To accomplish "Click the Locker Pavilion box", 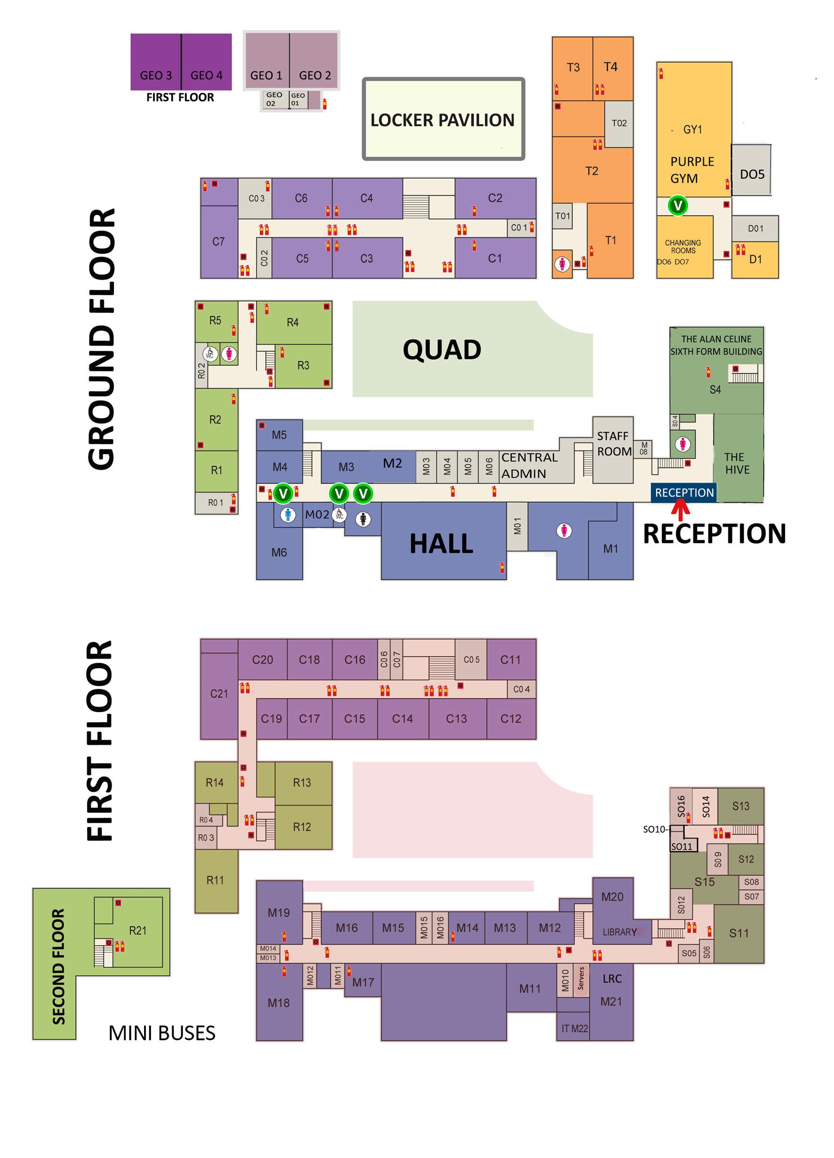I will (442, 119).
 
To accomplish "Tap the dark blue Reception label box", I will (683, 493).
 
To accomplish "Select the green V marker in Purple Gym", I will (677, 206).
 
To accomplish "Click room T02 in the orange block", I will (618, 123).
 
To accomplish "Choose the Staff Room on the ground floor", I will (613, 444).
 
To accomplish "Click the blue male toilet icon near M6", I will (288, 514).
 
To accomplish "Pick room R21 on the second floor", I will (137, 930).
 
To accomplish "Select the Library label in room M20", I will (619, 932).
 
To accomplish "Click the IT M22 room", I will (574, 1028).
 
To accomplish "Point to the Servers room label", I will (581, 978).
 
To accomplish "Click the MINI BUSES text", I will (162, 1033).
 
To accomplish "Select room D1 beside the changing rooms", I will (755, 259).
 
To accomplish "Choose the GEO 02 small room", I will (274, 99).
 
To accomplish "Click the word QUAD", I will (441, 350).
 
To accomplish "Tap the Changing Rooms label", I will (682, 247).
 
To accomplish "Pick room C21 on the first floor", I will (219, 693).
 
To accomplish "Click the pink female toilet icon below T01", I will (562, 264).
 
